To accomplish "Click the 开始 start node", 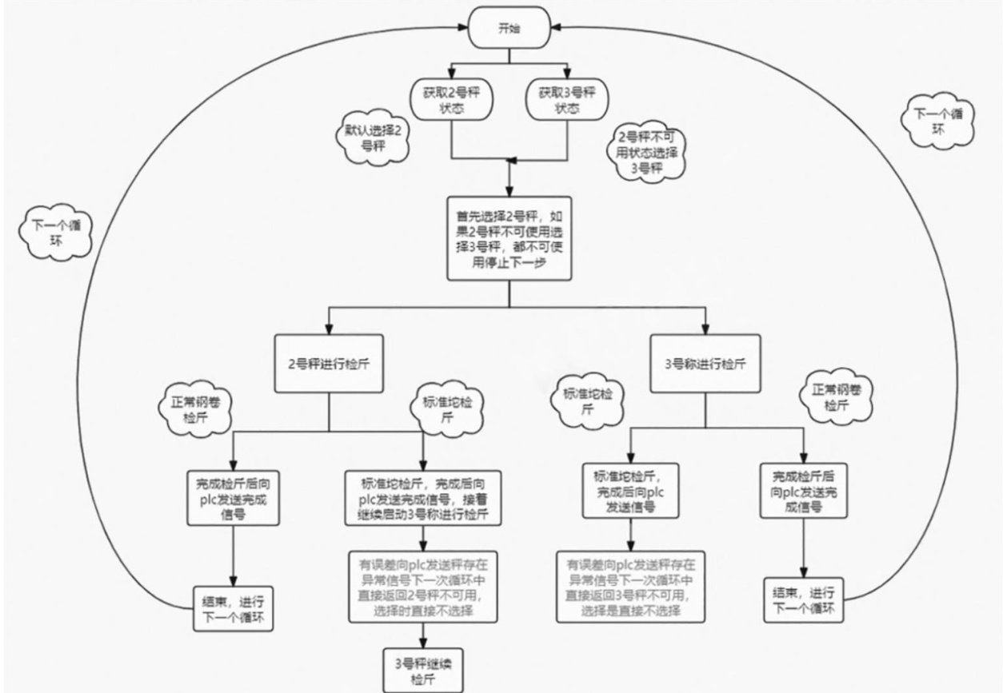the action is (x=509, y=29).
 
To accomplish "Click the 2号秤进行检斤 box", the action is (x=328, y=362).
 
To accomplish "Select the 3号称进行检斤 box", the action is (x=705, y=362).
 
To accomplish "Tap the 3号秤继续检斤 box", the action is (x=422, y=669).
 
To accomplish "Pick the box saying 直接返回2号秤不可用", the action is (x=422, y=587).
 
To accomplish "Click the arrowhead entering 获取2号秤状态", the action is (x=452, y=74).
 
